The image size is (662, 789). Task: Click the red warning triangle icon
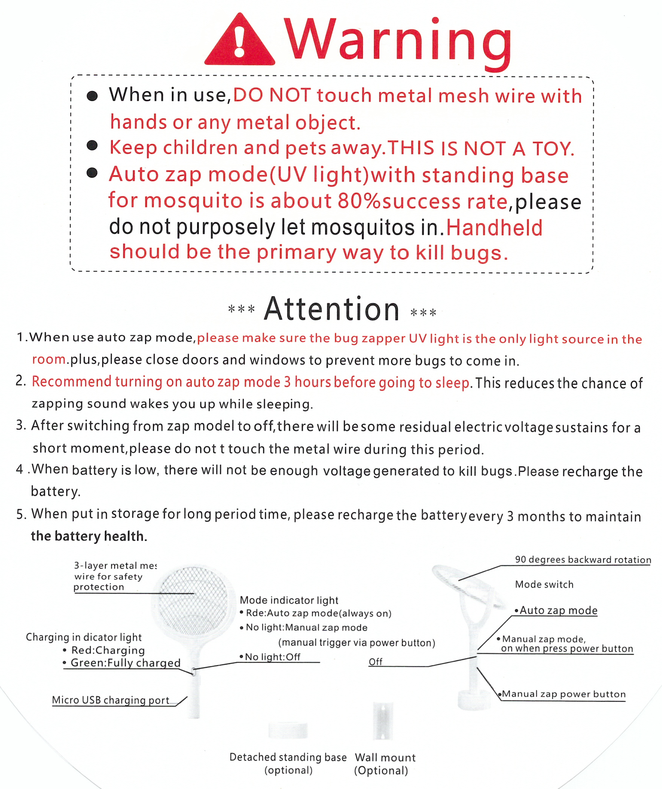click(x=240, y=41)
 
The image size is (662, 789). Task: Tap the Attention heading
click(x=332, y=310)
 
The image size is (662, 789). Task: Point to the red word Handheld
click(x=494, y=228)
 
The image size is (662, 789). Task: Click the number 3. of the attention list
click(x=21, y=425)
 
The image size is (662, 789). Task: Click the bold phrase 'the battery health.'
click(x=89, y=536)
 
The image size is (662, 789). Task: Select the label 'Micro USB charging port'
click(x=111, y=700)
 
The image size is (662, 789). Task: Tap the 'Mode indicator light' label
click(x=289, y=600)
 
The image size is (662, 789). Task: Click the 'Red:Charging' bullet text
click(x=108, y=650)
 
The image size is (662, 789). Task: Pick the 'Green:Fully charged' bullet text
click(x=125, y=663)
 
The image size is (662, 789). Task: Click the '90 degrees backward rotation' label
click(x=583, y=559)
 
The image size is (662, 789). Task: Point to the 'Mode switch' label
click(x=544, y=584)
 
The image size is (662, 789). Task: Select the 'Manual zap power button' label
click(x=563, y=694)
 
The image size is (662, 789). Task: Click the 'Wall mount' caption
click(x=385, y=757)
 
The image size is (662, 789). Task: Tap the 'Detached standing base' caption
click(x=288, y=757)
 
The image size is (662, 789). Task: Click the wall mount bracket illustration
click(x=383, y=721)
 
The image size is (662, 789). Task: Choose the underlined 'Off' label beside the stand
click(x=375, y=662)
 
